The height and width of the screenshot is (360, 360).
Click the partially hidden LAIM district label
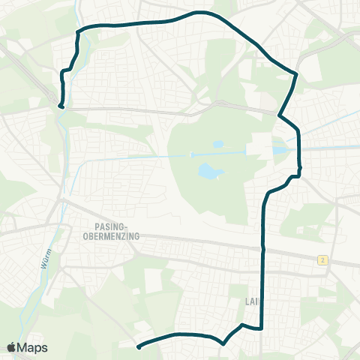coord(251,302)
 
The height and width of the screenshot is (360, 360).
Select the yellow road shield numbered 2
coord(322,259)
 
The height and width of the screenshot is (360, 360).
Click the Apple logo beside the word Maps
coord(13,347)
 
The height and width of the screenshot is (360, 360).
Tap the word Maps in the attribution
coord(34,347)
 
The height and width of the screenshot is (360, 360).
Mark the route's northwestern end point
coord(61,106)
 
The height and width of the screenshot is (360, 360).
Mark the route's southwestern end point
coord(139,346)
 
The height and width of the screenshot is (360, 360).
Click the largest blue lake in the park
coord(210,173)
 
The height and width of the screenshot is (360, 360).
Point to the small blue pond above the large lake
coord(217,144)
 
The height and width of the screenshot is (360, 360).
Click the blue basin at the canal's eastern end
coord(279,150)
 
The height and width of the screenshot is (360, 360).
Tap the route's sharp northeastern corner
coord(297,75)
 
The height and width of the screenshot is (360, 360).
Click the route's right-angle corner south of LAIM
coord(261,328)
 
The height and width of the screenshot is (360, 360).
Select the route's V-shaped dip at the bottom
coord(223,343)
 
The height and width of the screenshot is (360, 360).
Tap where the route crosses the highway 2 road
coord(262,248)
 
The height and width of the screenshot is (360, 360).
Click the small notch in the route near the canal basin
coord(299,170)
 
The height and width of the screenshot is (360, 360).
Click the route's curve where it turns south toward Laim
coord(268,194)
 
